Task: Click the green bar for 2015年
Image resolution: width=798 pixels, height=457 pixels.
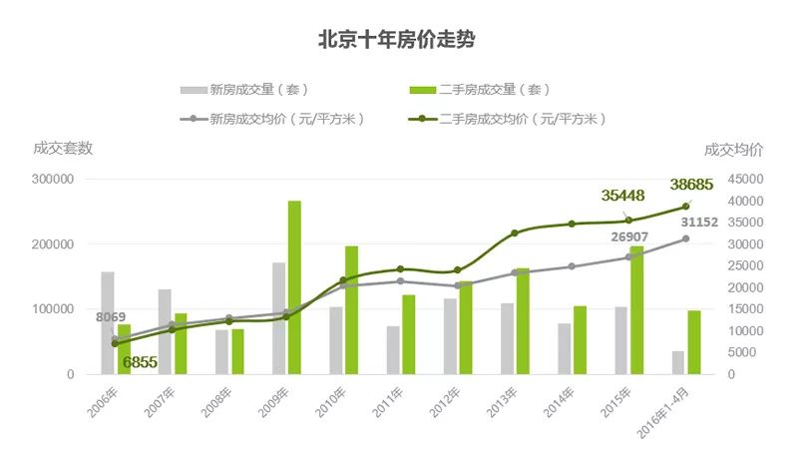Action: (x=636, y=310)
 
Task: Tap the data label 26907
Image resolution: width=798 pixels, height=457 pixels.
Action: (x=636, y=237)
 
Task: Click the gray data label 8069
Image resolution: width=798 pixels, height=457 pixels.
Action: (x=111, y=317)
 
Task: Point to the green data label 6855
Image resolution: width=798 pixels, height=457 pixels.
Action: (x=140, y=362)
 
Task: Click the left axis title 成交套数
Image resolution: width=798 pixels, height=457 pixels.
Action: (x=63, y=149)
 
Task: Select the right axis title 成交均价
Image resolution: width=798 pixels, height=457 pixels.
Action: (x=733, y=150)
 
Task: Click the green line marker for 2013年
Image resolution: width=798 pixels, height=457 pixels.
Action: (x=515, y=233)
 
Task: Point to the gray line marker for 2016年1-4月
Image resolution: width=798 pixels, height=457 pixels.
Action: (x=686, y=238)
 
